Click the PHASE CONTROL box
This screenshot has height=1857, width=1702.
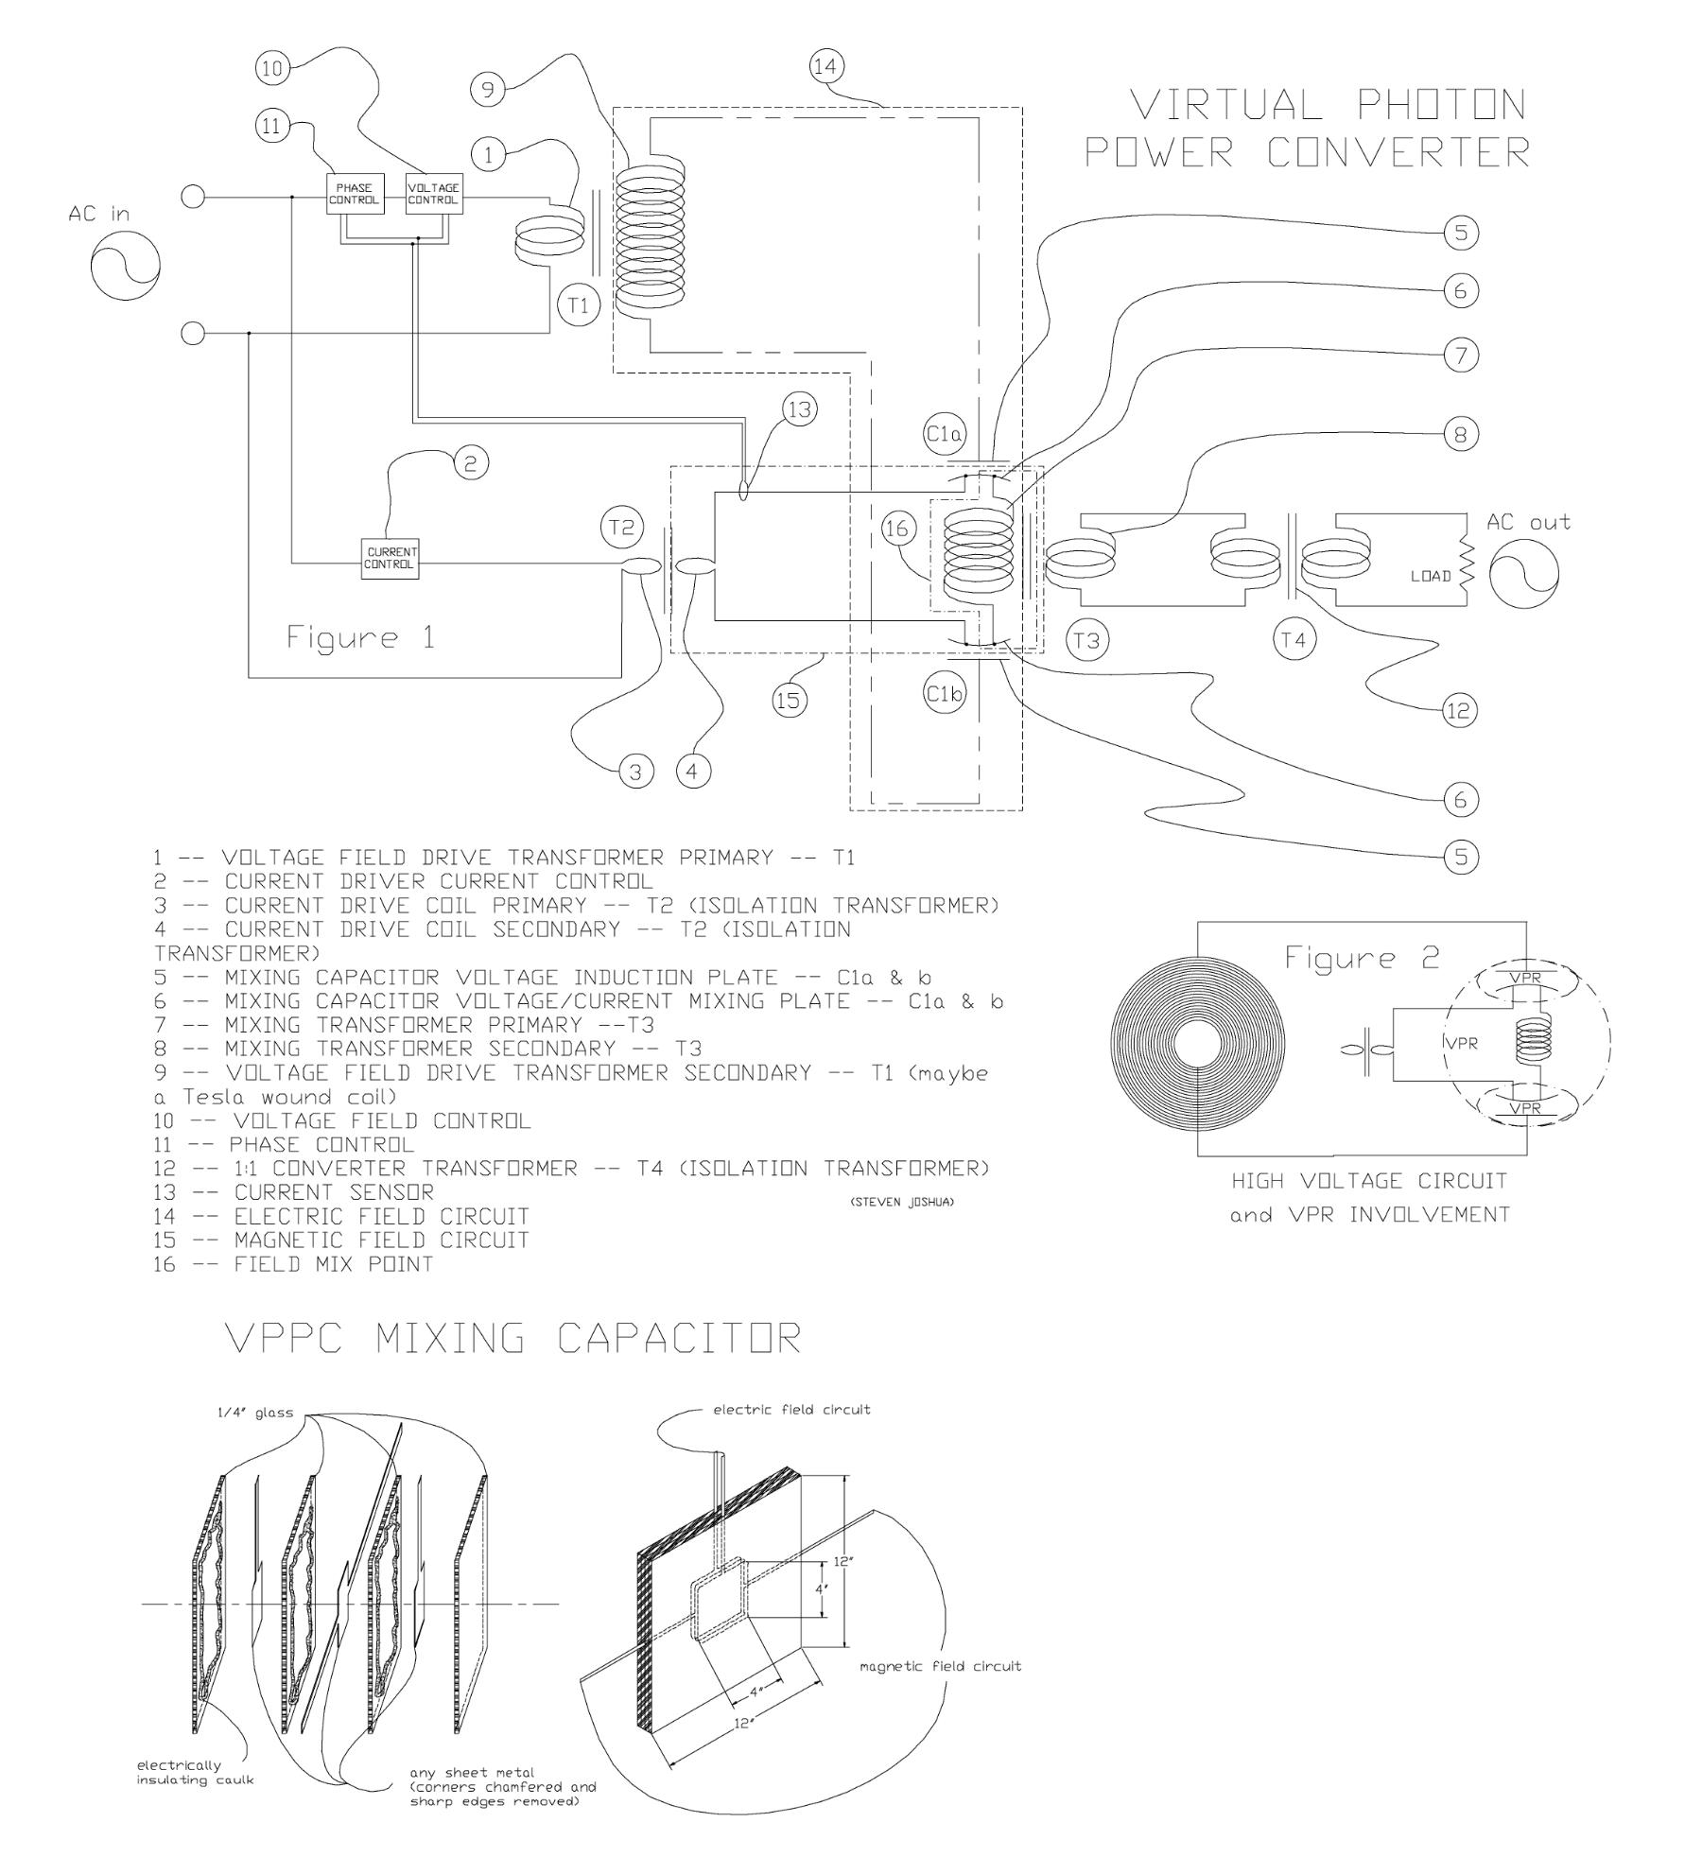pos(355,195)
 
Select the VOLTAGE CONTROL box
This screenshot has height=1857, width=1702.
pos(434,195)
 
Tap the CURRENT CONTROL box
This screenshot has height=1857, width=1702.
pos(390,558)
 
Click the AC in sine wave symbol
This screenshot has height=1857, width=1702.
pos(126,266)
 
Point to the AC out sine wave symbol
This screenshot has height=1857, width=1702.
pos(1523,574)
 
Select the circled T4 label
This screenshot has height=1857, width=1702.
pos(1294,640)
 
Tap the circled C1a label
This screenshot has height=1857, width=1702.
pos(944,435)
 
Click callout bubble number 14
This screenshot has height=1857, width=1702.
pos(827,66)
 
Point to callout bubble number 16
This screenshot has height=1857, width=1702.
pos(897,529)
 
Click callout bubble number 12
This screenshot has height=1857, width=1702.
pos(1459,710)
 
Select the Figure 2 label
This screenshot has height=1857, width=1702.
pos(1361,959)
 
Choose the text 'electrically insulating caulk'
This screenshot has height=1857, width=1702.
pos(196,1770)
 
